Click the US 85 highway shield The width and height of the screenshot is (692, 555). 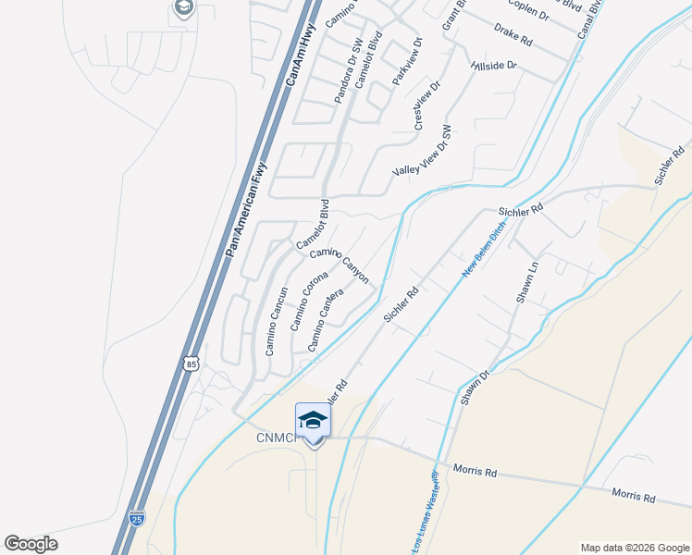tap(191, 364)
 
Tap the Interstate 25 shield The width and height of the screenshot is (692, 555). tap(137, 518)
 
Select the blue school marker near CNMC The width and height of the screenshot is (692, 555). tap(313, 421)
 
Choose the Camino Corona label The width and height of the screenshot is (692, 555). tap(309, 301)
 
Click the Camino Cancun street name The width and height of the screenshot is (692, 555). tap(277, 321)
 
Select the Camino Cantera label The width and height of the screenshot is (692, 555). tap(326, 319)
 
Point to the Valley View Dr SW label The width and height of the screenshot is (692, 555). tap(422, 150)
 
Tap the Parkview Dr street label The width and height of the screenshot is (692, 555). tap(407, 63)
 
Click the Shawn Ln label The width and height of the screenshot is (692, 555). tap(527, 283)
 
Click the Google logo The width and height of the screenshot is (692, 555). tap(31, 544)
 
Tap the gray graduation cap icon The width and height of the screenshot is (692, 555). tap(182, 9)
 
